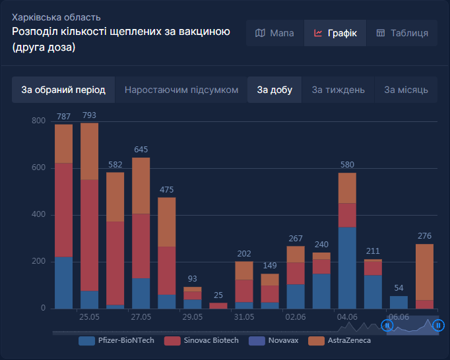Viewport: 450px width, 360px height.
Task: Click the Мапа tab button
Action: (274, 33)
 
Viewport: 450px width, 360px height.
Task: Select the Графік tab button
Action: (335, 33)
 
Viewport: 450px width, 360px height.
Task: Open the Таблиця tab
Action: (402, 33)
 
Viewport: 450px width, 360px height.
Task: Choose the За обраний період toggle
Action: (63, 90)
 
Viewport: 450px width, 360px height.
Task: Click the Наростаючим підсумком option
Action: (181, 90)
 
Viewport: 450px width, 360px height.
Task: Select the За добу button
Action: (274, 90)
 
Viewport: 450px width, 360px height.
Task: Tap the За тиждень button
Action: (338, 90)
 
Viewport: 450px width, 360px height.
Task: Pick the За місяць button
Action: (406, 90)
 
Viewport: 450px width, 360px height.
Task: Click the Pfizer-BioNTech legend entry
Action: (117, 341)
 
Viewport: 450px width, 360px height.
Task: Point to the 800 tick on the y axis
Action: (38, 121)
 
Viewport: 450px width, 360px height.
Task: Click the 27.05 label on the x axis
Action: (141, 317)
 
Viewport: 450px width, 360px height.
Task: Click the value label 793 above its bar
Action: (89, 116)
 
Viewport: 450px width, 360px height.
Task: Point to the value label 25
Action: (218, 295)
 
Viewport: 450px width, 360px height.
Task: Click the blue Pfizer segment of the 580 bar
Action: (347, 268)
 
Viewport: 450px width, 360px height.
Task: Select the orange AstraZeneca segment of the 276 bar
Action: (424, 272)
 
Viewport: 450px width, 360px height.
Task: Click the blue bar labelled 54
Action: (399, 302)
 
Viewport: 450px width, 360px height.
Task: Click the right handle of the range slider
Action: (438, 325)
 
